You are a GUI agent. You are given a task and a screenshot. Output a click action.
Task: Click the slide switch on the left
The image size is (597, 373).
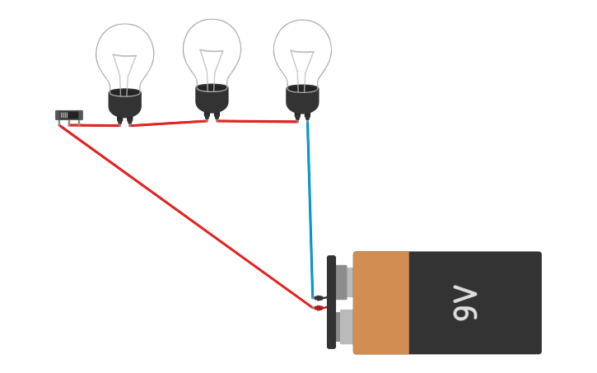(x=69, y=115)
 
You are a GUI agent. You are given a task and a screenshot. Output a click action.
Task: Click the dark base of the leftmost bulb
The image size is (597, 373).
(x=124, y=102)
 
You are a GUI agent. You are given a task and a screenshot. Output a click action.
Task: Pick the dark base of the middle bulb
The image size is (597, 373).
(x=212, y=98)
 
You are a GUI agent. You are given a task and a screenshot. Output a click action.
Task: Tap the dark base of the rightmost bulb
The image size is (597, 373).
(x=302, y=99)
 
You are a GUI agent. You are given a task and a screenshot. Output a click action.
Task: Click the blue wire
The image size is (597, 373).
(x=310, y=206)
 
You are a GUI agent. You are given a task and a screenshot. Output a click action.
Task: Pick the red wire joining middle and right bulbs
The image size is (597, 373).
(x=255, y=121)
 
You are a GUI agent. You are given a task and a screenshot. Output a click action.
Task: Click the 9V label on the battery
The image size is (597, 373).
(x=465, y=303)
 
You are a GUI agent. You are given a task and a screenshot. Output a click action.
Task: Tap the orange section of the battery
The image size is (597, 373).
(x=381, y=303)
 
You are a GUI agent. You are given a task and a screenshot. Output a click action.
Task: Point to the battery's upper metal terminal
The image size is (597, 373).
(x=343, y=282)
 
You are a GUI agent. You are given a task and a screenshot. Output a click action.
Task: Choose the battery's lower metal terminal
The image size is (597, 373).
(x=345, y=326)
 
